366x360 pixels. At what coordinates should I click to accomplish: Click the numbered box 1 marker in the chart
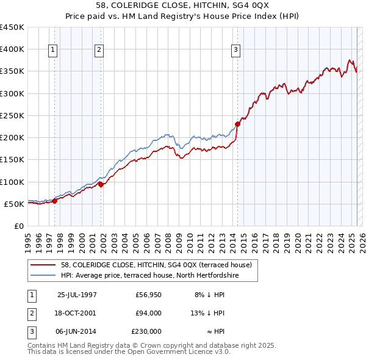coord(54,50)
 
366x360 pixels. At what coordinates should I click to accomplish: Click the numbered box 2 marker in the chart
coord(99,50)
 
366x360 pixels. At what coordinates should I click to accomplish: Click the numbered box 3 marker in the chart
coord(236,50)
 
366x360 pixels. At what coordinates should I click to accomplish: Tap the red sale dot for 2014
coord(238,124)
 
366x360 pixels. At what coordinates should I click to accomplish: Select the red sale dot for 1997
coord(54,201)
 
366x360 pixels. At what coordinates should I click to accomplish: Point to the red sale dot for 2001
coord(101,184)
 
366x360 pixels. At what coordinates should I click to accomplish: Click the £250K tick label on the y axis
coord(12,115)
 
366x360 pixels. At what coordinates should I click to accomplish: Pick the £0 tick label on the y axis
coord(19,226)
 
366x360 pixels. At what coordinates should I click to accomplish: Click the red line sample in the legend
coord(43,265)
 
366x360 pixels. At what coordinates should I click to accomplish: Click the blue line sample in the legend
coord(43,275)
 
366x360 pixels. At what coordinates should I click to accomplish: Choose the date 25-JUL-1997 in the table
coord(77,295)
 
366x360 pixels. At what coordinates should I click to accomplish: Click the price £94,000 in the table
coord(148,313)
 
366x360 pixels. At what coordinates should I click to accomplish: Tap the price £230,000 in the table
coord(147,331)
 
